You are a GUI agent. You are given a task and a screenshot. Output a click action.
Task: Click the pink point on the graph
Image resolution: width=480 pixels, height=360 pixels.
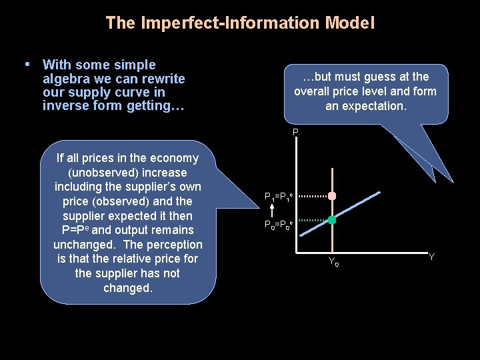(332, 196)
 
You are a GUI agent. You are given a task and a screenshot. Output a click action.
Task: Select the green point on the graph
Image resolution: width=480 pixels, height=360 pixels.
(332, 220)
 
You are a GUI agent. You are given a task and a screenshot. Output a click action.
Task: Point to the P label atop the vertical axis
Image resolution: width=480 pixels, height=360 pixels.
(295, 133)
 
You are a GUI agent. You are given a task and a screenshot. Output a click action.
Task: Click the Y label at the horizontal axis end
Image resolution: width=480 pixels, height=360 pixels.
(431, 257)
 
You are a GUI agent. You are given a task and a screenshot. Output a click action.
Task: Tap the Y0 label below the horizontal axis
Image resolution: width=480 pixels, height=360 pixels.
(333, 262)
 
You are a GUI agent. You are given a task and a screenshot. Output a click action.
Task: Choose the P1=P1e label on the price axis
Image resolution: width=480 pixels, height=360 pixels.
(279, 197)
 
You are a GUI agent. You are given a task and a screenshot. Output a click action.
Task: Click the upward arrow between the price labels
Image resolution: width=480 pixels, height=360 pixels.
(272, 210)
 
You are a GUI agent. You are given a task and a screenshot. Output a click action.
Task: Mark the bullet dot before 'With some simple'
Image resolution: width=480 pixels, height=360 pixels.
(27, 65)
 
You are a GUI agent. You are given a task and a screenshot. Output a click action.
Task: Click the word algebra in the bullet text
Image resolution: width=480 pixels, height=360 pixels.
(64, 79)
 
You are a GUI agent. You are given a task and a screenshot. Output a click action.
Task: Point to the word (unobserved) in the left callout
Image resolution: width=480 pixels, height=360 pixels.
(127, 173)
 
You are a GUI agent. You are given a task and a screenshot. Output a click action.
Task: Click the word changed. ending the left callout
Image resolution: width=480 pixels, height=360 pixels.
(127, 288)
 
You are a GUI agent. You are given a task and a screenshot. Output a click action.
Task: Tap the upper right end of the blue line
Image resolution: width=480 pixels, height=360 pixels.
(379, 193)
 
